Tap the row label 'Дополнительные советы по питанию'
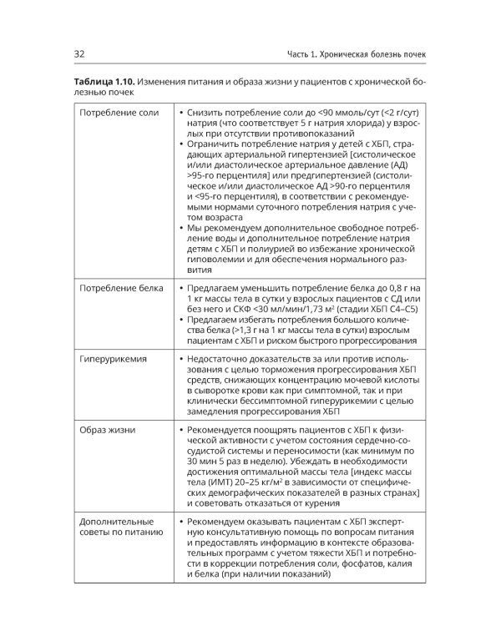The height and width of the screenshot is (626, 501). (x=118, y=527)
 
